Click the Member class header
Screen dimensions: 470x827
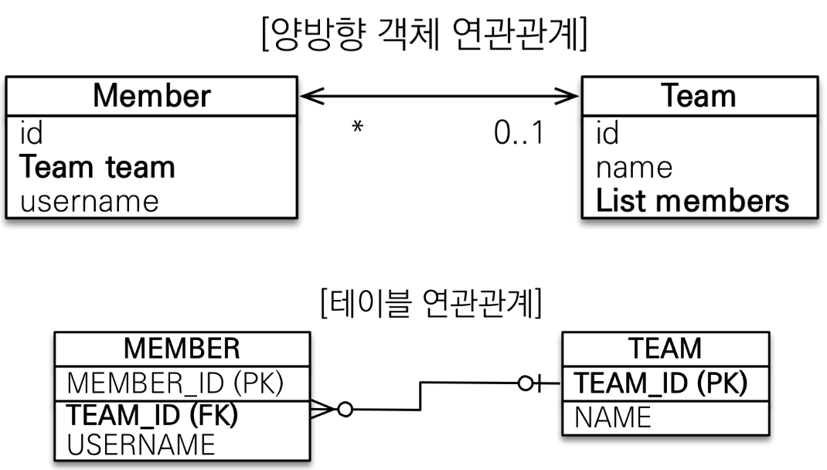[x=151, y=96]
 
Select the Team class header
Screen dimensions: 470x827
[x=699, y=96]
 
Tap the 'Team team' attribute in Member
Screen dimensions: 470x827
[x=97, y=167]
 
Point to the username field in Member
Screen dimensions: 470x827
[x=89, y=201]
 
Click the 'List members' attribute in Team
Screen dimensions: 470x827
[x=693, y=201]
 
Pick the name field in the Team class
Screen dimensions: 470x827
[x=634, y=167]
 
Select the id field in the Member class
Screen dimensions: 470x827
[x=32, y=134]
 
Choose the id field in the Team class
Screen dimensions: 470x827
[x=607, y=134]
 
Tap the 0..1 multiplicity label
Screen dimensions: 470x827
[x=519, y=134]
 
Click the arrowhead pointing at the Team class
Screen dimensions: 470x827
[x=570, y=96]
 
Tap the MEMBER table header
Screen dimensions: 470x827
[x=182, y=349]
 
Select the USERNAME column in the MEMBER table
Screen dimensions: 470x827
[x=141, y=445]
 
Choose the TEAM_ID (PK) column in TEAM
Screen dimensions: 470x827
[x=662, y=383]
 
